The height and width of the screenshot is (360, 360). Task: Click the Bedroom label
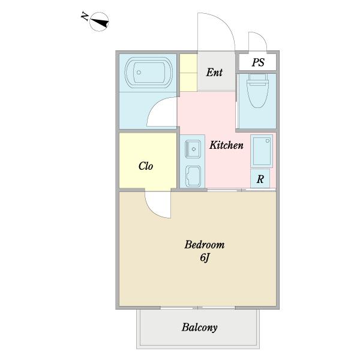205,245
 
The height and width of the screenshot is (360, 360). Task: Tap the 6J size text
205,258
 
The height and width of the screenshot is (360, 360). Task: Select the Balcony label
200,328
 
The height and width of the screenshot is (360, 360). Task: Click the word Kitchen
226,145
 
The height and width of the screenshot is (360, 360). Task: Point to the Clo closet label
146,166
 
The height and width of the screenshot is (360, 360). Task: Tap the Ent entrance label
214,73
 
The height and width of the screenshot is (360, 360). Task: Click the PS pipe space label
258,62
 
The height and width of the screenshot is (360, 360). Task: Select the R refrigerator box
260,178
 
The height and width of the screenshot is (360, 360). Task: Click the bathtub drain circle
139,73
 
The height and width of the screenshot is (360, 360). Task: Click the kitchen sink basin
193,149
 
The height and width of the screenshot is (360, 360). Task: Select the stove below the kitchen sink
193,176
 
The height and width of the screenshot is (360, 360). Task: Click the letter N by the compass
85,17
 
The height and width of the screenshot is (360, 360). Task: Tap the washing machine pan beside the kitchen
262,151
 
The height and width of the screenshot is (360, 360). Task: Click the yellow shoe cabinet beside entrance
188,73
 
